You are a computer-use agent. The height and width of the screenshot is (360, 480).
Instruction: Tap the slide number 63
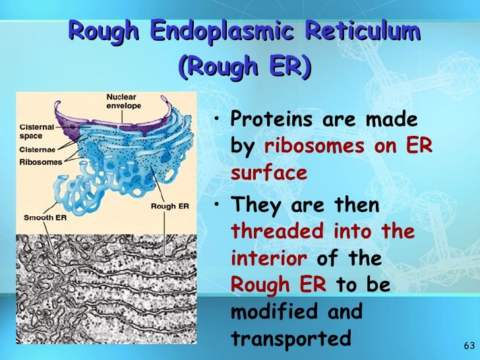pyautogui.click(x=469, y=346)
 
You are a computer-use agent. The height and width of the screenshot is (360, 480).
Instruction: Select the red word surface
pyautogui.click(x=268, y=173)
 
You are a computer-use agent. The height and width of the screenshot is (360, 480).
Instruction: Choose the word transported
pyautogui.click(x=291, y=338)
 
